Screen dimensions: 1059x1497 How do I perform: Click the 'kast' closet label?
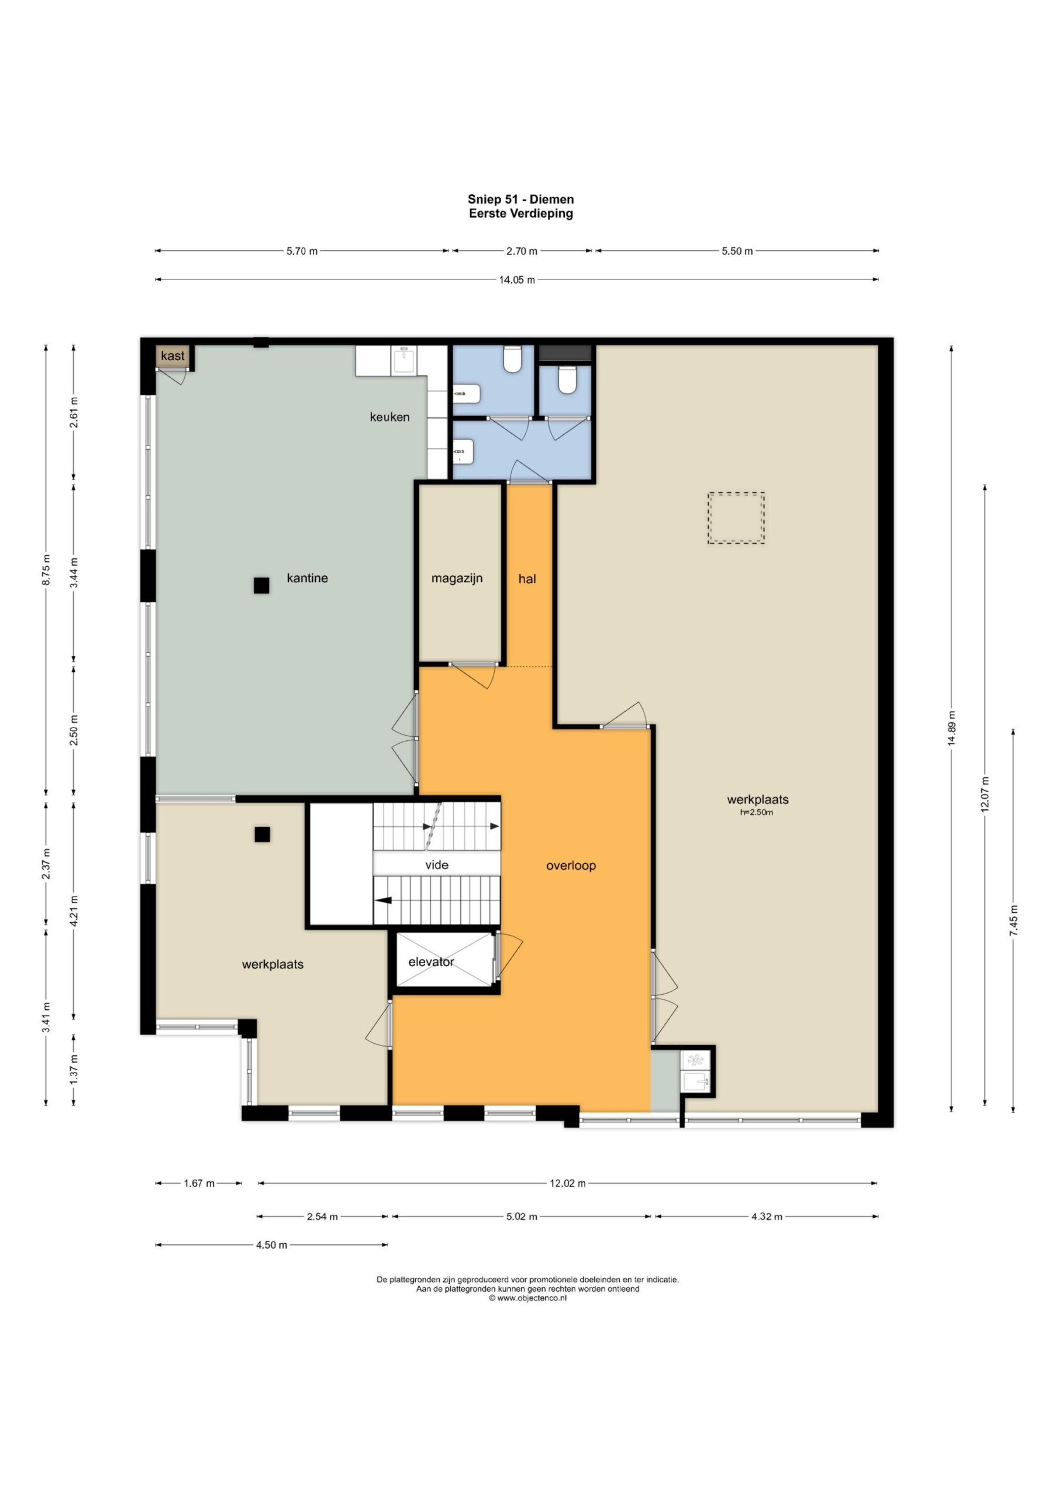[x=173, y=356]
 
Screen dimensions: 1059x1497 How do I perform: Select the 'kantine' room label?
[x=307, y=578]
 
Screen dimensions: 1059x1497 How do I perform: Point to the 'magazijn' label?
[x=457, y=578]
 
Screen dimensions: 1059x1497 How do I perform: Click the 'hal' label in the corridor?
[x=527, y=578]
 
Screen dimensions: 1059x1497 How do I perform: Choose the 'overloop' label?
[x=571, y=865]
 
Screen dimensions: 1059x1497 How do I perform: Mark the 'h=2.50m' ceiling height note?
[x=757, y=812]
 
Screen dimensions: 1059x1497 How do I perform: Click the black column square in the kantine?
[x=261, y=585]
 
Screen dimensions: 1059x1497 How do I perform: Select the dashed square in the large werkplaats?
[x=736, y=518]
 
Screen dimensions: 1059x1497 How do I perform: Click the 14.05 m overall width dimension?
[x=517, y=280]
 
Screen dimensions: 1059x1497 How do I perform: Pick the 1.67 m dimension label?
[x=199, y=1184]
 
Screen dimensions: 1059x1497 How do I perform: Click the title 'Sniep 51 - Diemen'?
[x=521, y=199]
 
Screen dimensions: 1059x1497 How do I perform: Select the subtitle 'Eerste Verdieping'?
[x=521, y=213]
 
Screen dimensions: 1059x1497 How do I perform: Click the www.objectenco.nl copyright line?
[x=527, y=1298]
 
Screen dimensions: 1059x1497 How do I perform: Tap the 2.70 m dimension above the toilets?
[x=522, y=251]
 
